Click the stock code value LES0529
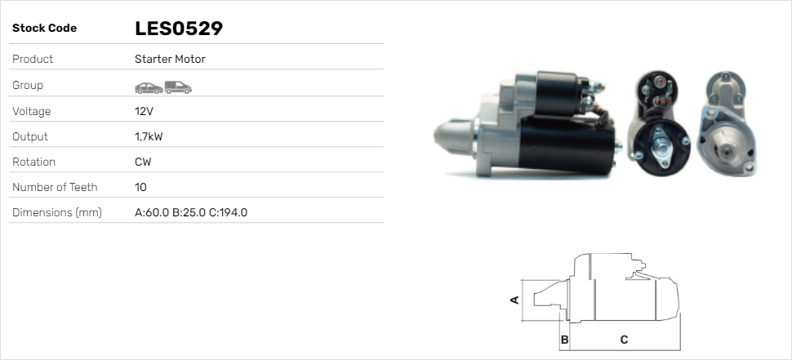coord(178,29)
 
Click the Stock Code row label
coord(44,29)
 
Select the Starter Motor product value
coord(170,59)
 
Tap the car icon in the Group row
coord(148,87)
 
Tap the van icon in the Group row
coord(177,87)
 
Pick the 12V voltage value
coord(144,111)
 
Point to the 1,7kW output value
coord(149,136)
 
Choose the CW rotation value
coord(143,162)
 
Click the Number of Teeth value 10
coord(140,187)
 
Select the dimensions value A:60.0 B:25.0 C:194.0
coord(190,212)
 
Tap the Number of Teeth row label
coord(55,187)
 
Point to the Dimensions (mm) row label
coord(56,212)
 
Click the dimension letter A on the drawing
coord(514,300)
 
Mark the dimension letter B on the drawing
coord(564,339)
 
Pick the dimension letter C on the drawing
coord(623,339)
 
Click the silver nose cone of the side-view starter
coord(452,140)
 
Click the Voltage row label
coord(32,111)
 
